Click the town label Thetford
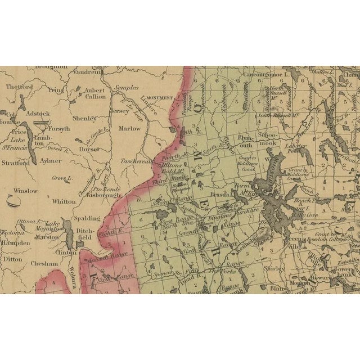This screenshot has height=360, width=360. coord(20,87)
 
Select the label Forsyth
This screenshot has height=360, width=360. coord(59,128)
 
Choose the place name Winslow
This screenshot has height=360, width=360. coord(26,191)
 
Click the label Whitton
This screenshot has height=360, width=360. coord(63,201)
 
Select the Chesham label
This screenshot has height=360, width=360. coord(45,263)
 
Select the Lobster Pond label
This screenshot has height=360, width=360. coord(294,148)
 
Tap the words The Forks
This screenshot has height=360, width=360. coord(220,271)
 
